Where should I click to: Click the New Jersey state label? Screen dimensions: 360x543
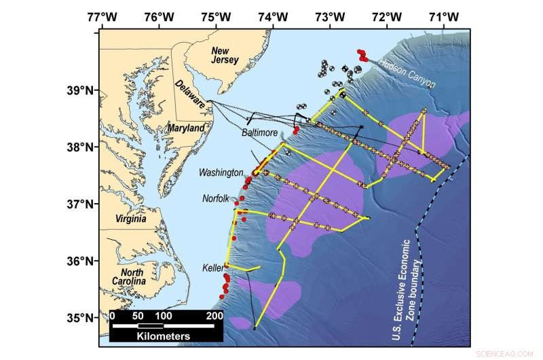pyautogui.click(x=226, y=56)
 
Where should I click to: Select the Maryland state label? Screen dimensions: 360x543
pyautogui.click(x=186, y=128)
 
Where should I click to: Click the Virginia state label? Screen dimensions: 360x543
pyautogui.click(x=130, y=219)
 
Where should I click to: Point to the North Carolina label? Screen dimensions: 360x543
pyautogui.click(x=130, y=276)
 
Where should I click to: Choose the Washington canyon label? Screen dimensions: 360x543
pyautogui.click(x=221, y=173)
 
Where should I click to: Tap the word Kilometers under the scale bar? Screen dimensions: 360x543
pyautogui.click(x=164, y=336)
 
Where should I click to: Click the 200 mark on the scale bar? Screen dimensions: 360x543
pyautogui.click(x=214, y=316)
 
